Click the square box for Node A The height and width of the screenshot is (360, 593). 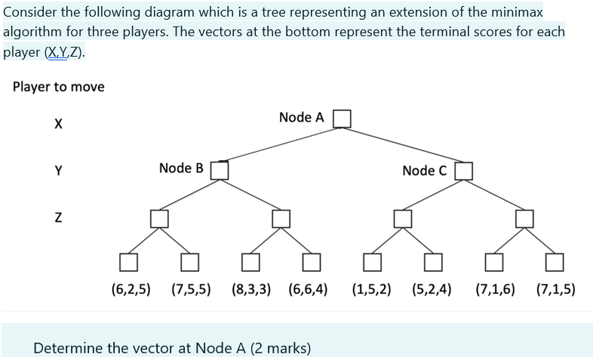tap(343, 118)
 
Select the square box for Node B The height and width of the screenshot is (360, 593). tap(220, 170)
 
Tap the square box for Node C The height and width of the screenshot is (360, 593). tap(463, 171)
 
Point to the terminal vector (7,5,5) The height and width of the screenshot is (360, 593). tap(191, 288)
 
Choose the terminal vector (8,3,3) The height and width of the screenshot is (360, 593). tap(251, 288)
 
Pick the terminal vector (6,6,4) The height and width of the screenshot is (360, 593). tap(308, 288)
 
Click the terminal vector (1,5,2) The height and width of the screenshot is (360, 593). tap(371, 288)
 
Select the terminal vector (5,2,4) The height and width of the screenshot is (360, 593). tap(432, 288)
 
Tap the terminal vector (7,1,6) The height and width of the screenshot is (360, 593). tap(495, 288)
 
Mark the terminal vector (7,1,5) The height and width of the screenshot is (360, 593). tap(555, 288)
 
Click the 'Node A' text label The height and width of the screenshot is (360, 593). tap(301, 118)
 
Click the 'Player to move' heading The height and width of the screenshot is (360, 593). tap(59, 87)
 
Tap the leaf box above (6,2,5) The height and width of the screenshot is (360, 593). tap(128, 262)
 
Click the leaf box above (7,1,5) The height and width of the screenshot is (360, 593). tap(555, 262)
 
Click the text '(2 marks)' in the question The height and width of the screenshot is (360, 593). tap(278, 348)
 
